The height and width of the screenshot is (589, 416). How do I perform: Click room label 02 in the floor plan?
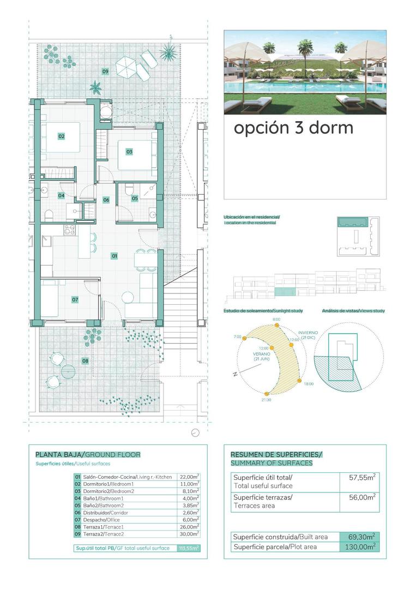[x=62, y=136]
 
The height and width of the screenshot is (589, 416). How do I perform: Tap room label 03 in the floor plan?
[x=129, y=152]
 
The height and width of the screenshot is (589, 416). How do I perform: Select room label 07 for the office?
[x=75, y=299]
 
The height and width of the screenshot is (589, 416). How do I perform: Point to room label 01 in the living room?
[x=114, y=255]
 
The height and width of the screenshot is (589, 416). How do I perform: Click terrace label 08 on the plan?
[x=85, y=360]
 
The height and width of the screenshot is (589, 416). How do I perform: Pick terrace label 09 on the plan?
[x=105, y=71]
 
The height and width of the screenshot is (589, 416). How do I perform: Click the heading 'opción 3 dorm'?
[x=293, y=128]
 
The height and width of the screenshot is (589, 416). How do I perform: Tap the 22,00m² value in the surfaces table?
[x=189, y=476]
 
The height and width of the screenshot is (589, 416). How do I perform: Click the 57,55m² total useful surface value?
[x=361, y=477]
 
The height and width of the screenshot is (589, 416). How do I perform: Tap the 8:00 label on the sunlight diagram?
[x=276, y=319]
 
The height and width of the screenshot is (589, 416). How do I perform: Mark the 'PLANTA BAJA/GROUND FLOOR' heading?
[x=88, y=454]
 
